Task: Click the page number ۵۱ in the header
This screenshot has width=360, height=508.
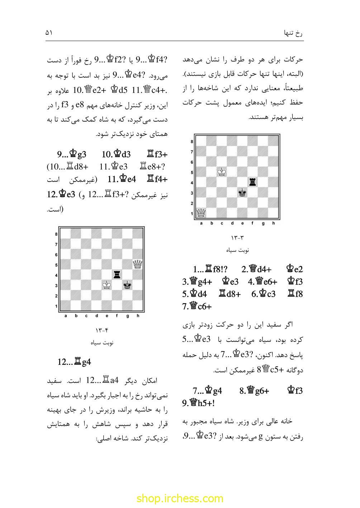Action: pos(49,33)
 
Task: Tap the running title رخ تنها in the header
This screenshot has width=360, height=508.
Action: pos(293,33)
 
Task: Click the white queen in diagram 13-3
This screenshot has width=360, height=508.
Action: pos(202,213)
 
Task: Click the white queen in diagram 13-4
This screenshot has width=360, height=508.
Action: pos(138,264)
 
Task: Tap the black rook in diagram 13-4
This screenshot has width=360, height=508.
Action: pos(117,275)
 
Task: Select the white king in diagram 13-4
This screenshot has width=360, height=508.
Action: pos(106,285)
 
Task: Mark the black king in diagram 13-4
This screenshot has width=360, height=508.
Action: pos(127,285)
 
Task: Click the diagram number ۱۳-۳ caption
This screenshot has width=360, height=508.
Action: pos(237,237)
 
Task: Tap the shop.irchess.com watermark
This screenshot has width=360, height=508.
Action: pos(180,498)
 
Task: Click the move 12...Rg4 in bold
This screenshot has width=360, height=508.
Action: pos(74,362)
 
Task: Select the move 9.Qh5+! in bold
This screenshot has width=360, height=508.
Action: pos(198,403)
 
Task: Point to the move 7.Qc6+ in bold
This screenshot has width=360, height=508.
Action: pos(197,307)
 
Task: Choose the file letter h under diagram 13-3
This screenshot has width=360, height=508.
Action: pos(274,224)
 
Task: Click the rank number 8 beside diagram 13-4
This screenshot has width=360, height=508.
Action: pos(56,234)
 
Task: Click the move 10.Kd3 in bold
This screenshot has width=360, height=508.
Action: pos(116,155)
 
